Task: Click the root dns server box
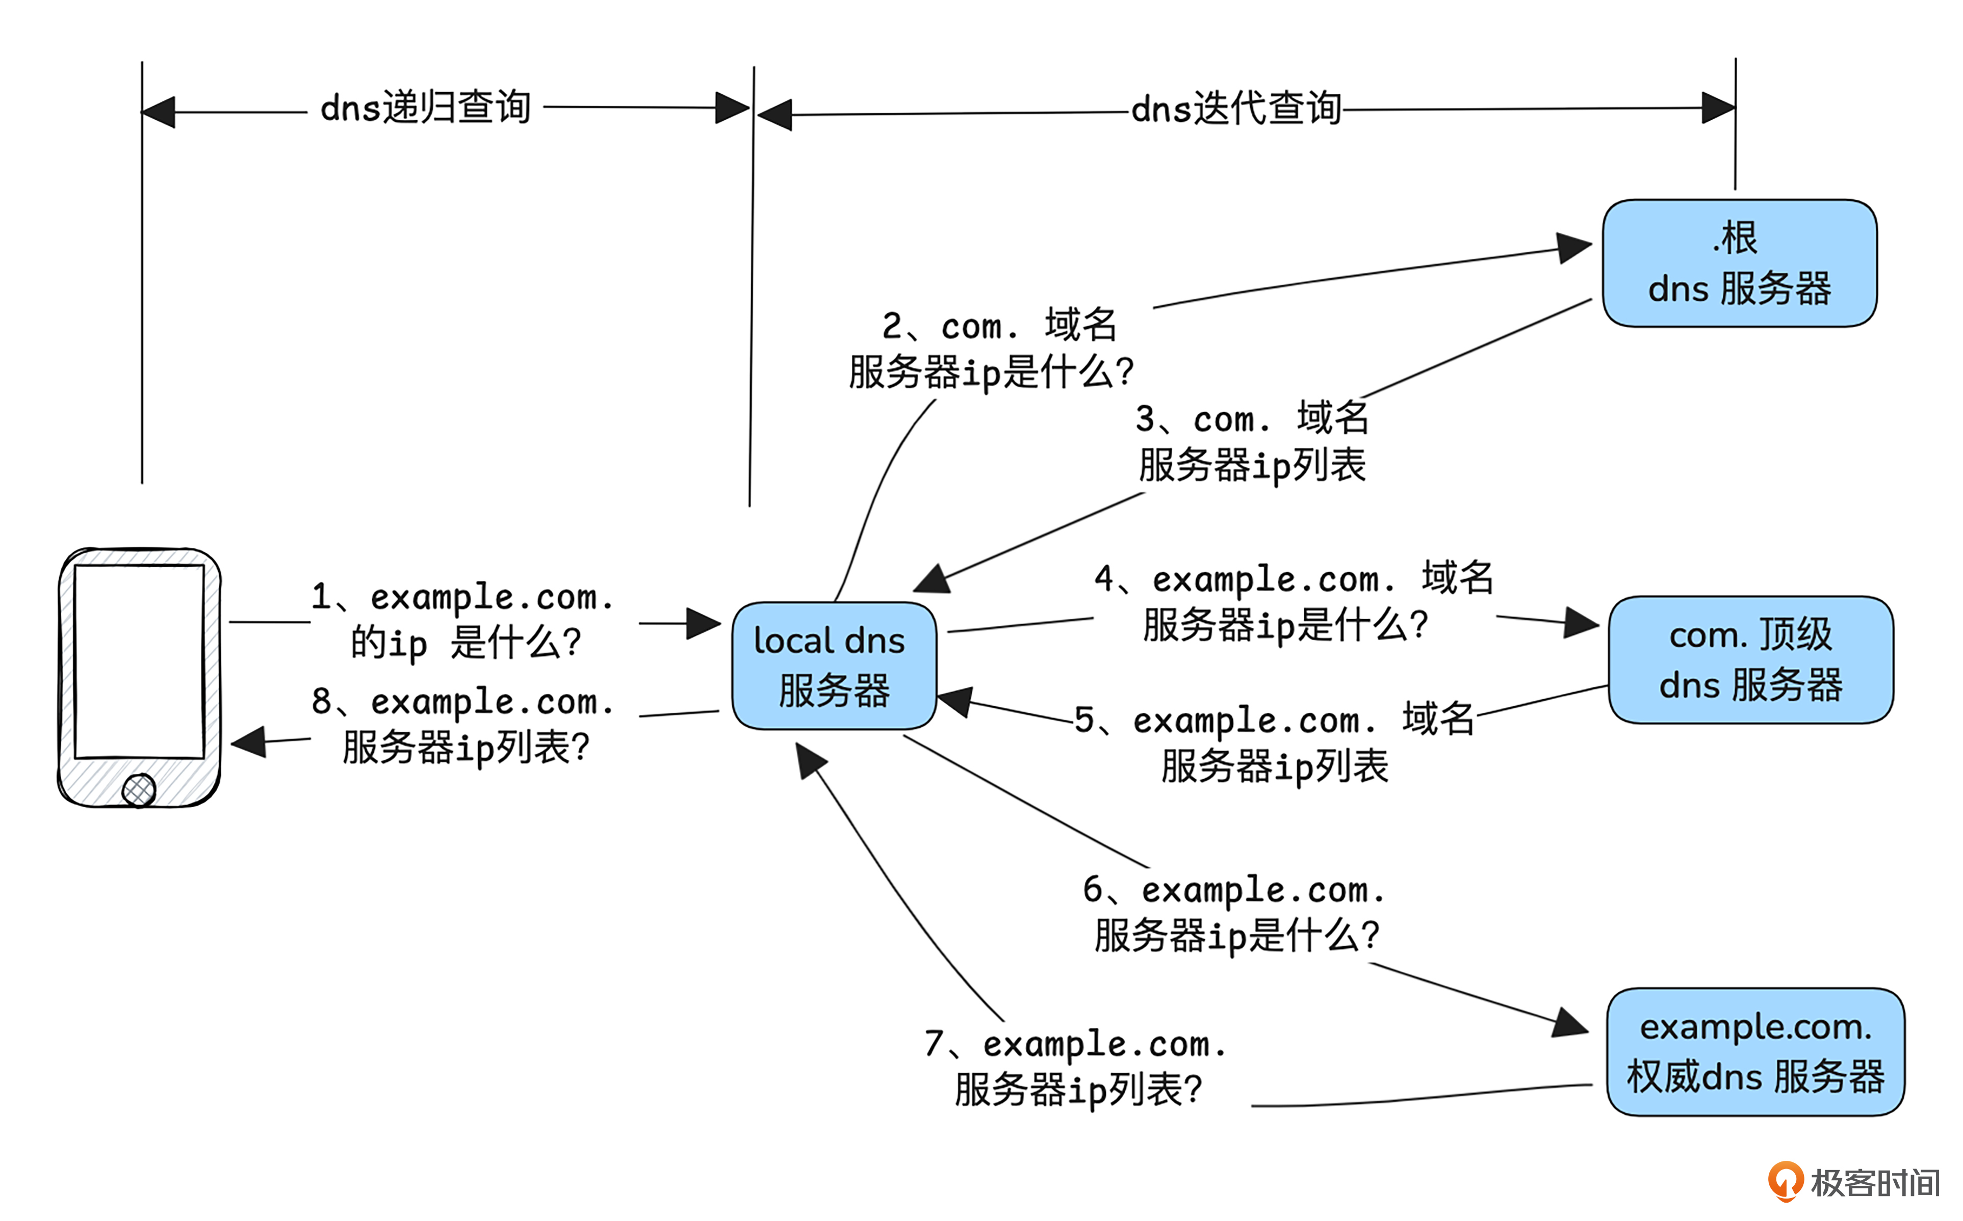[1739, 263]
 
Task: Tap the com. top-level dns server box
[1750, 660]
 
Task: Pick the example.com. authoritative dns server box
[1754, 1051]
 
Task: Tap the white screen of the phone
[139, 660]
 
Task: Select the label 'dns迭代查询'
[1236, 108]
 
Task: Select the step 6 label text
[1234, 913]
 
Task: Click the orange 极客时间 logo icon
[1785, 1181]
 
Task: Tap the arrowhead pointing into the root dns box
[1573, 247]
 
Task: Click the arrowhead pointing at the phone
[250, 741]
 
